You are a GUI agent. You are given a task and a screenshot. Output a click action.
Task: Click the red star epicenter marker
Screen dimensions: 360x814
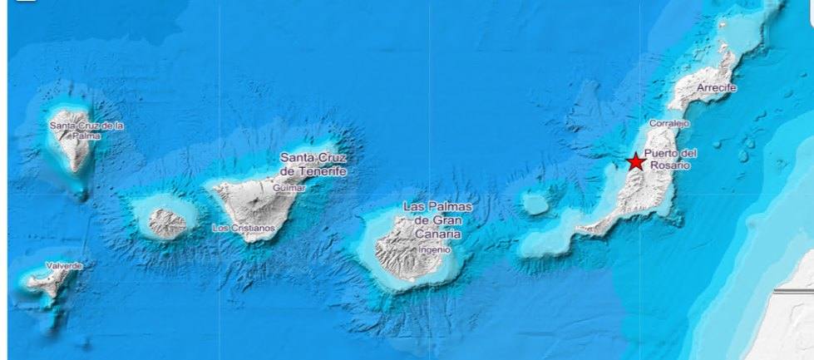pos(636,161)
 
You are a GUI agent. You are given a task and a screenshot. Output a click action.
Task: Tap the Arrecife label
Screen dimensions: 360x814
pos(718,87)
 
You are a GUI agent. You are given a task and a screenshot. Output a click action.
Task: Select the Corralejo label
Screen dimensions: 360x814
pos(669,123)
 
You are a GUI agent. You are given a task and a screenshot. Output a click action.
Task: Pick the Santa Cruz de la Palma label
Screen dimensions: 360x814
pos(86,130)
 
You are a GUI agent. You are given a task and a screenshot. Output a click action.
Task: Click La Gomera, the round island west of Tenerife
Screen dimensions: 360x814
pos(166,222)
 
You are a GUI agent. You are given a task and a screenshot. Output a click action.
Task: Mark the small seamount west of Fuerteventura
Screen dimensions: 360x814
pos(536,203)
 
